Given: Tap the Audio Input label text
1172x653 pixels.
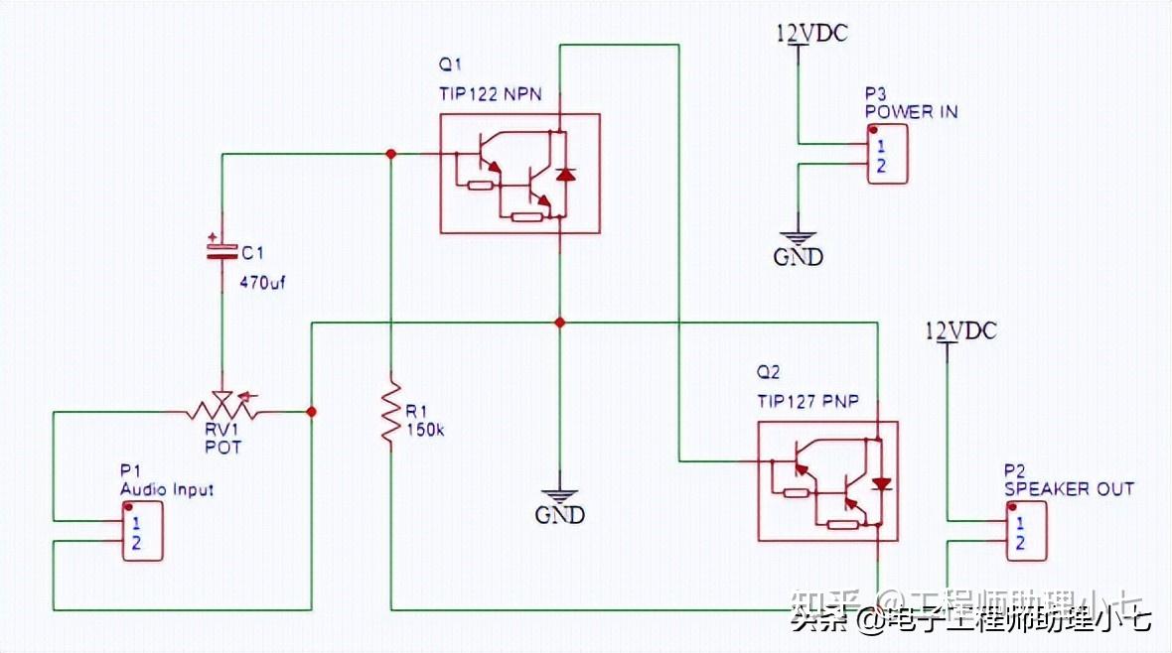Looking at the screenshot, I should [166, 489].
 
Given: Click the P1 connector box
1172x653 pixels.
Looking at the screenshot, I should [142, 531].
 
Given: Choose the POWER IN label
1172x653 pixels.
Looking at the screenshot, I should [911, 112].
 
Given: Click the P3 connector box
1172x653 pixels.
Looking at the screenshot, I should [886, 154].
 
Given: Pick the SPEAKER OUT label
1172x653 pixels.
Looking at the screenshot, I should [1068, 489].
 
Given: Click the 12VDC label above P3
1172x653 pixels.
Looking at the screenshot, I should [811, 34].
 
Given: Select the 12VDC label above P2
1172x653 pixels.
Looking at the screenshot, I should [959, 330].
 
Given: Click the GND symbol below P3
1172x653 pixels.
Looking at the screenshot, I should [799, 248].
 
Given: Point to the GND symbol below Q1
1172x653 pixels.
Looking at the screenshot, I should [560, 506].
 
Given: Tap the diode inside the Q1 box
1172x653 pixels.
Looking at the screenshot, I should [565, 174].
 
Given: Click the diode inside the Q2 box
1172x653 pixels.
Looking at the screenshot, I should [881, 483].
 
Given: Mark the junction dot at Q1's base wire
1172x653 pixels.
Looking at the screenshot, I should [391, 154].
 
